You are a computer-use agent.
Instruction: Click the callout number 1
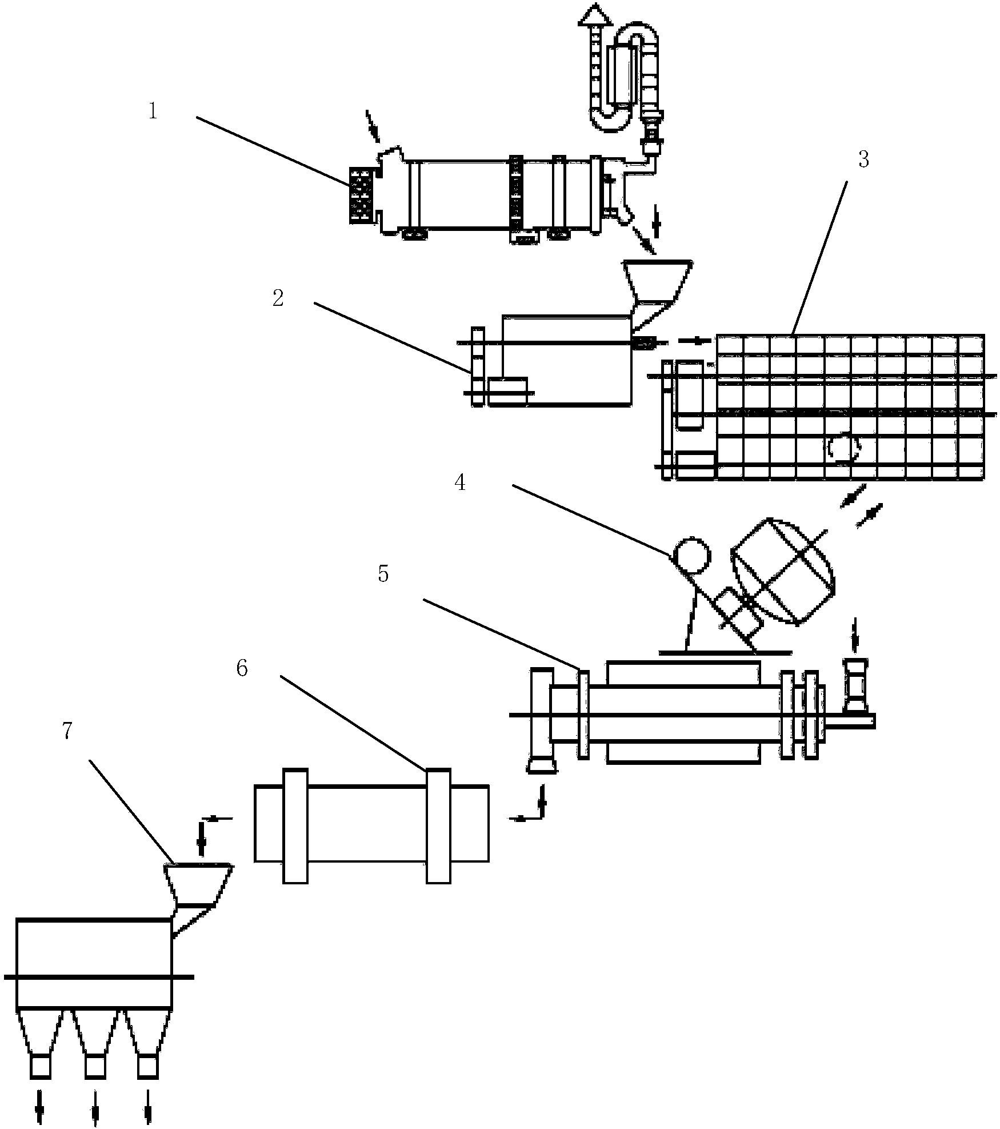click(153, 111)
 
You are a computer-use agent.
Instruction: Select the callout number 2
click(278, 298)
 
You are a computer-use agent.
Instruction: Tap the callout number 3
click(863, 160)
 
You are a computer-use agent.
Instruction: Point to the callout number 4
click(459, 483)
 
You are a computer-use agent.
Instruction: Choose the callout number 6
click(242, 669)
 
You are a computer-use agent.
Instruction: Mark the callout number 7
click(67, 732)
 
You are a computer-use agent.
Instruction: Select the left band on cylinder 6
click(295, 826)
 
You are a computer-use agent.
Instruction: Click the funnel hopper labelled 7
click(198, 885)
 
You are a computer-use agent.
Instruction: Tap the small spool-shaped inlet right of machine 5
click(855, 685)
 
